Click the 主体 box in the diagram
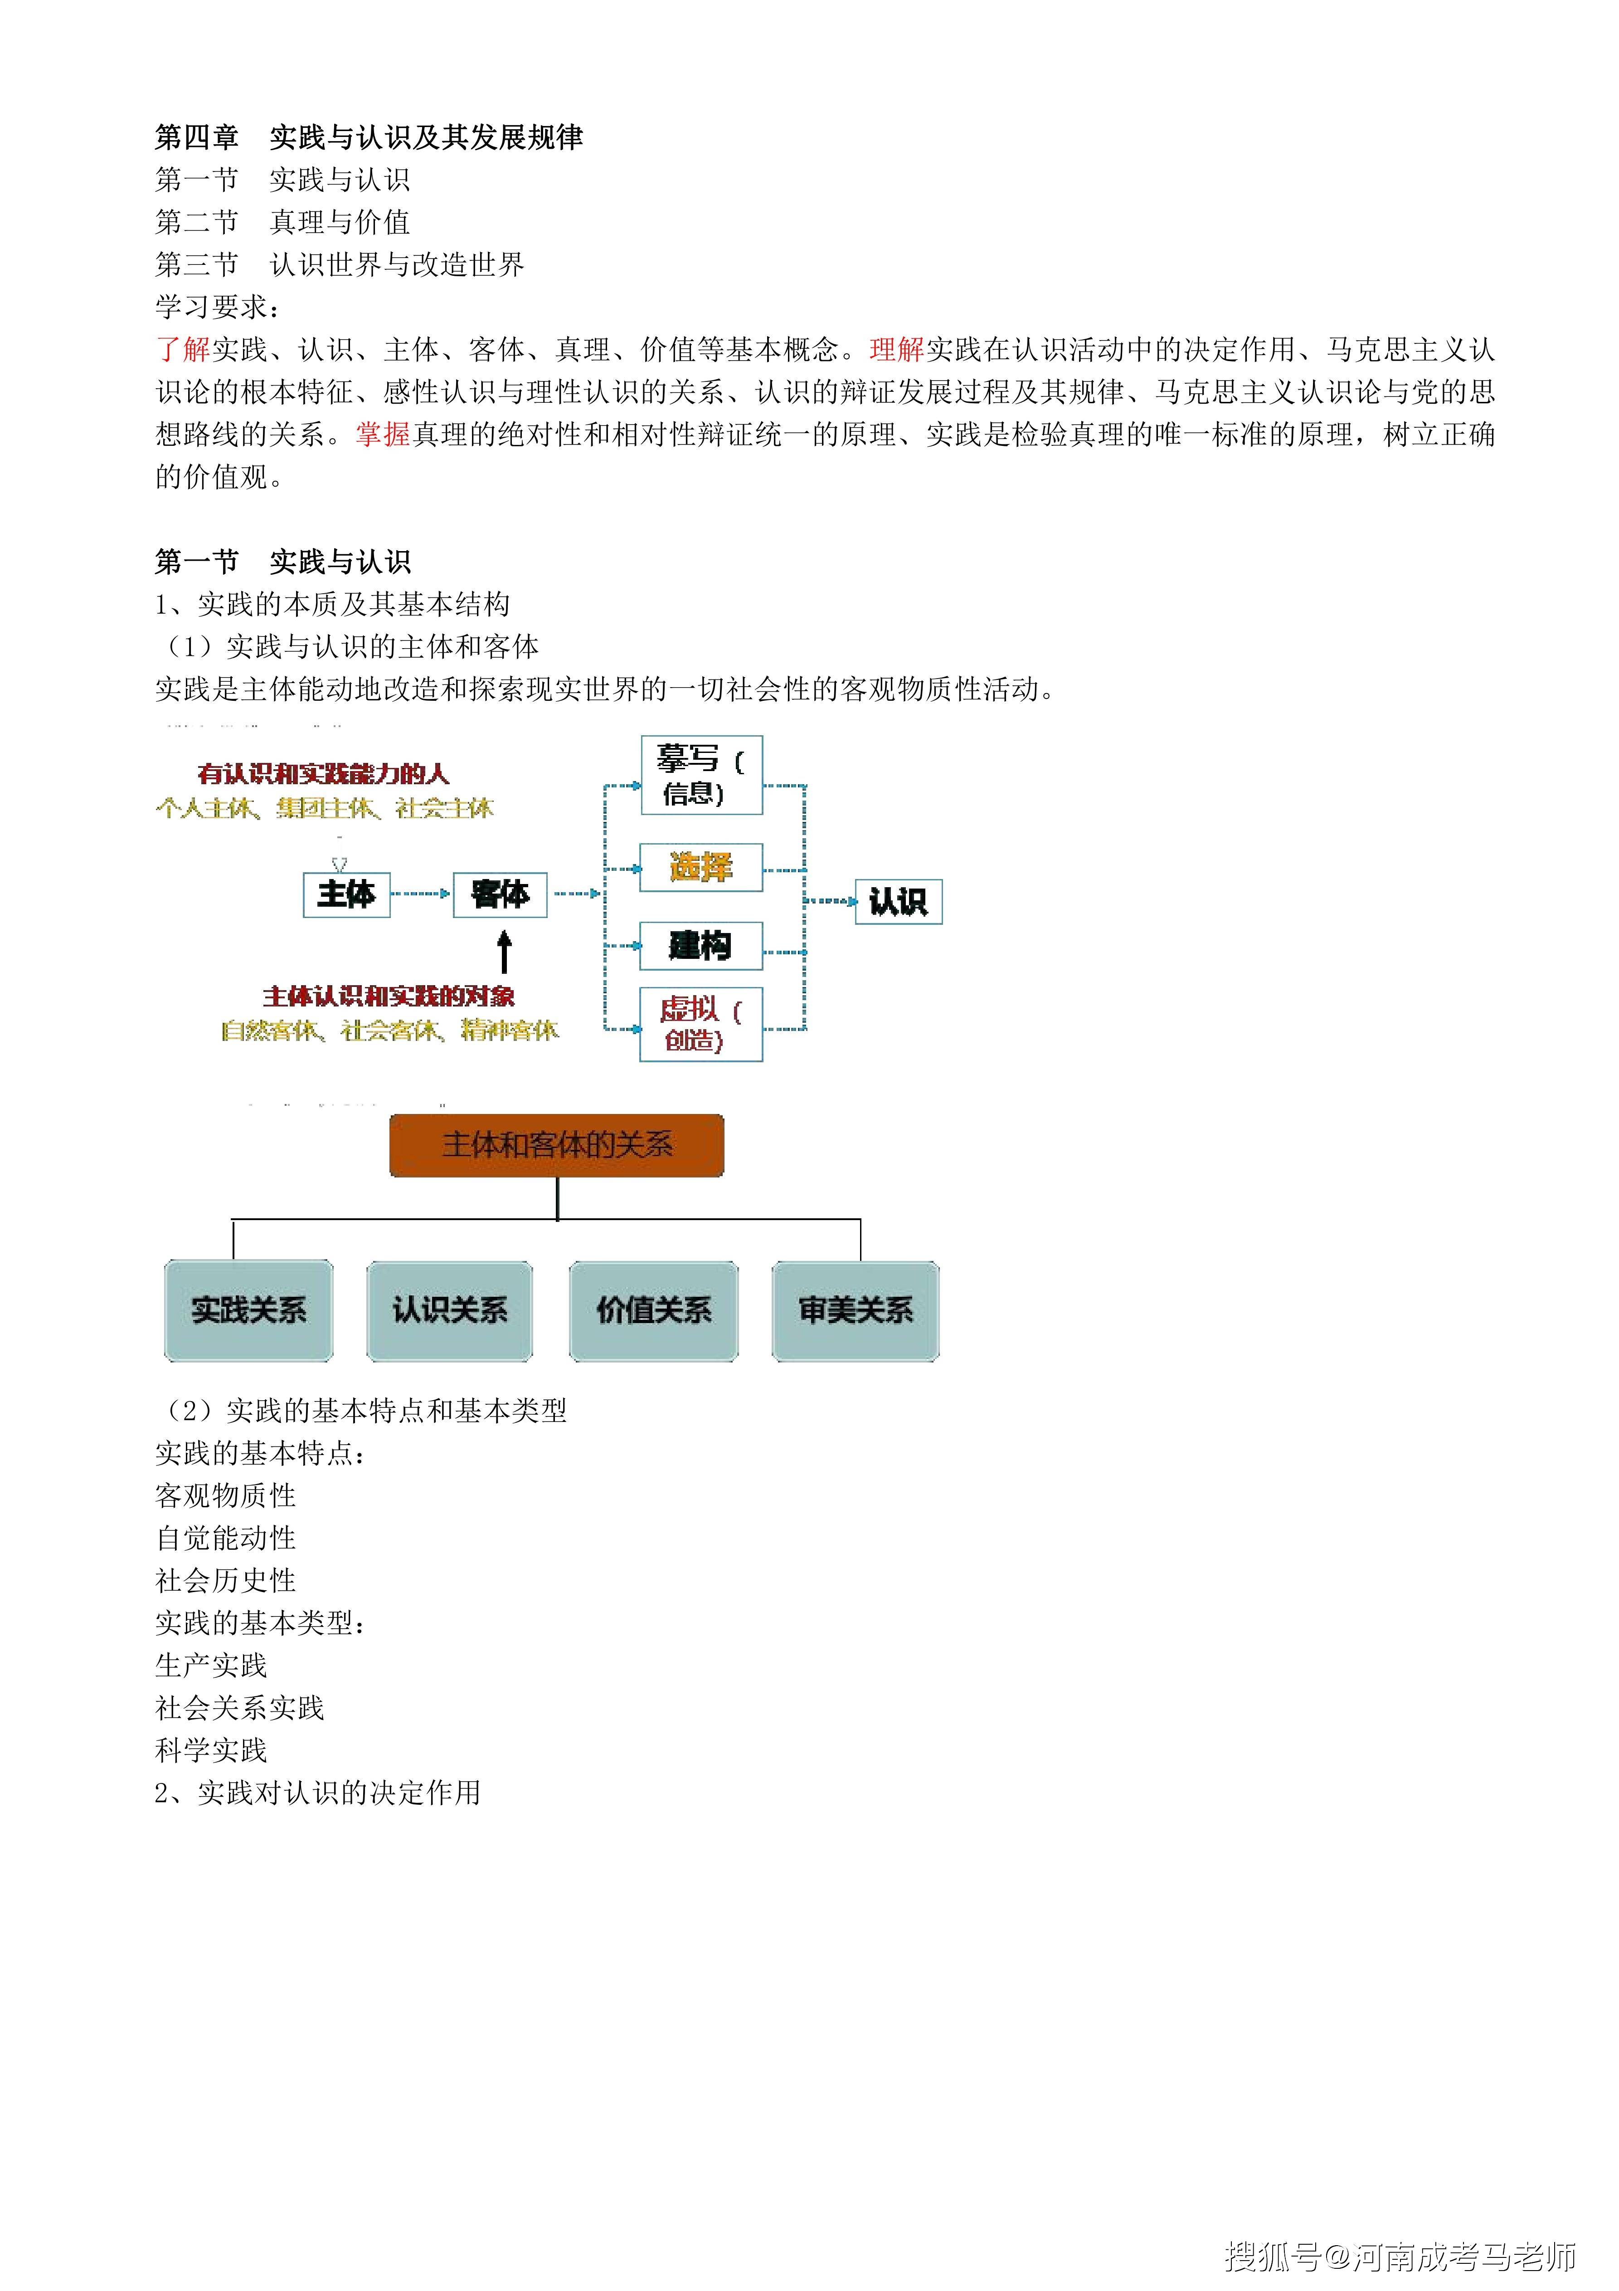tap(346, 894)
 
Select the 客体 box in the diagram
tap(500, 894)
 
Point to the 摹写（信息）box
tap(701, 775)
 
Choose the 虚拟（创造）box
tap(701, 1024)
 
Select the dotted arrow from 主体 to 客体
tap(421, 894)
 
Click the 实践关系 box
tap(248, 1310)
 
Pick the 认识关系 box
tap(450, 1310)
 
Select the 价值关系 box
tap(653, 1310)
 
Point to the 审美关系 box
tap(856, 1310)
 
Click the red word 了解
tap(183, 349)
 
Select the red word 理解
tap(897, 349)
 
